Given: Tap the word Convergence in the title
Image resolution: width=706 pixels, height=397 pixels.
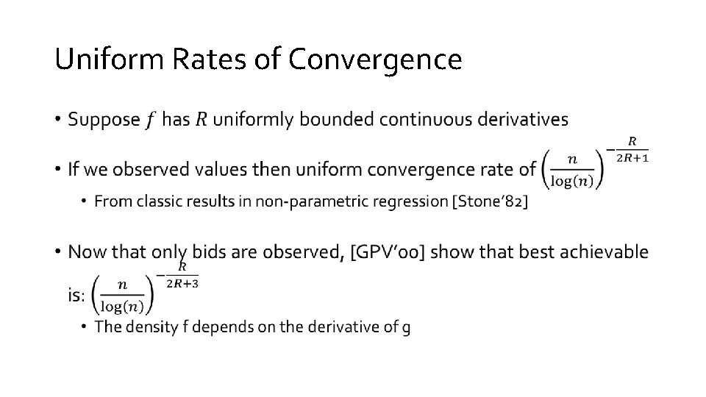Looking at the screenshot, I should (x=375, y=59).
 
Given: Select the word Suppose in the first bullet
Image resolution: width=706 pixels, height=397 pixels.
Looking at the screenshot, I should (x=104, y=119).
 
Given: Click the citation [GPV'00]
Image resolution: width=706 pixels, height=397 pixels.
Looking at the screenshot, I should (x=390, y=253).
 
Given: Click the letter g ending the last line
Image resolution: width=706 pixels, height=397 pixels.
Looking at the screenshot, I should (x=407, y=328).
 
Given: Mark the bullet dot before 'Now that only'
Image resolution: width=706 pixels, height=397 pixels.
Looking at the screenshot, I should (x=58, y=253).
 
